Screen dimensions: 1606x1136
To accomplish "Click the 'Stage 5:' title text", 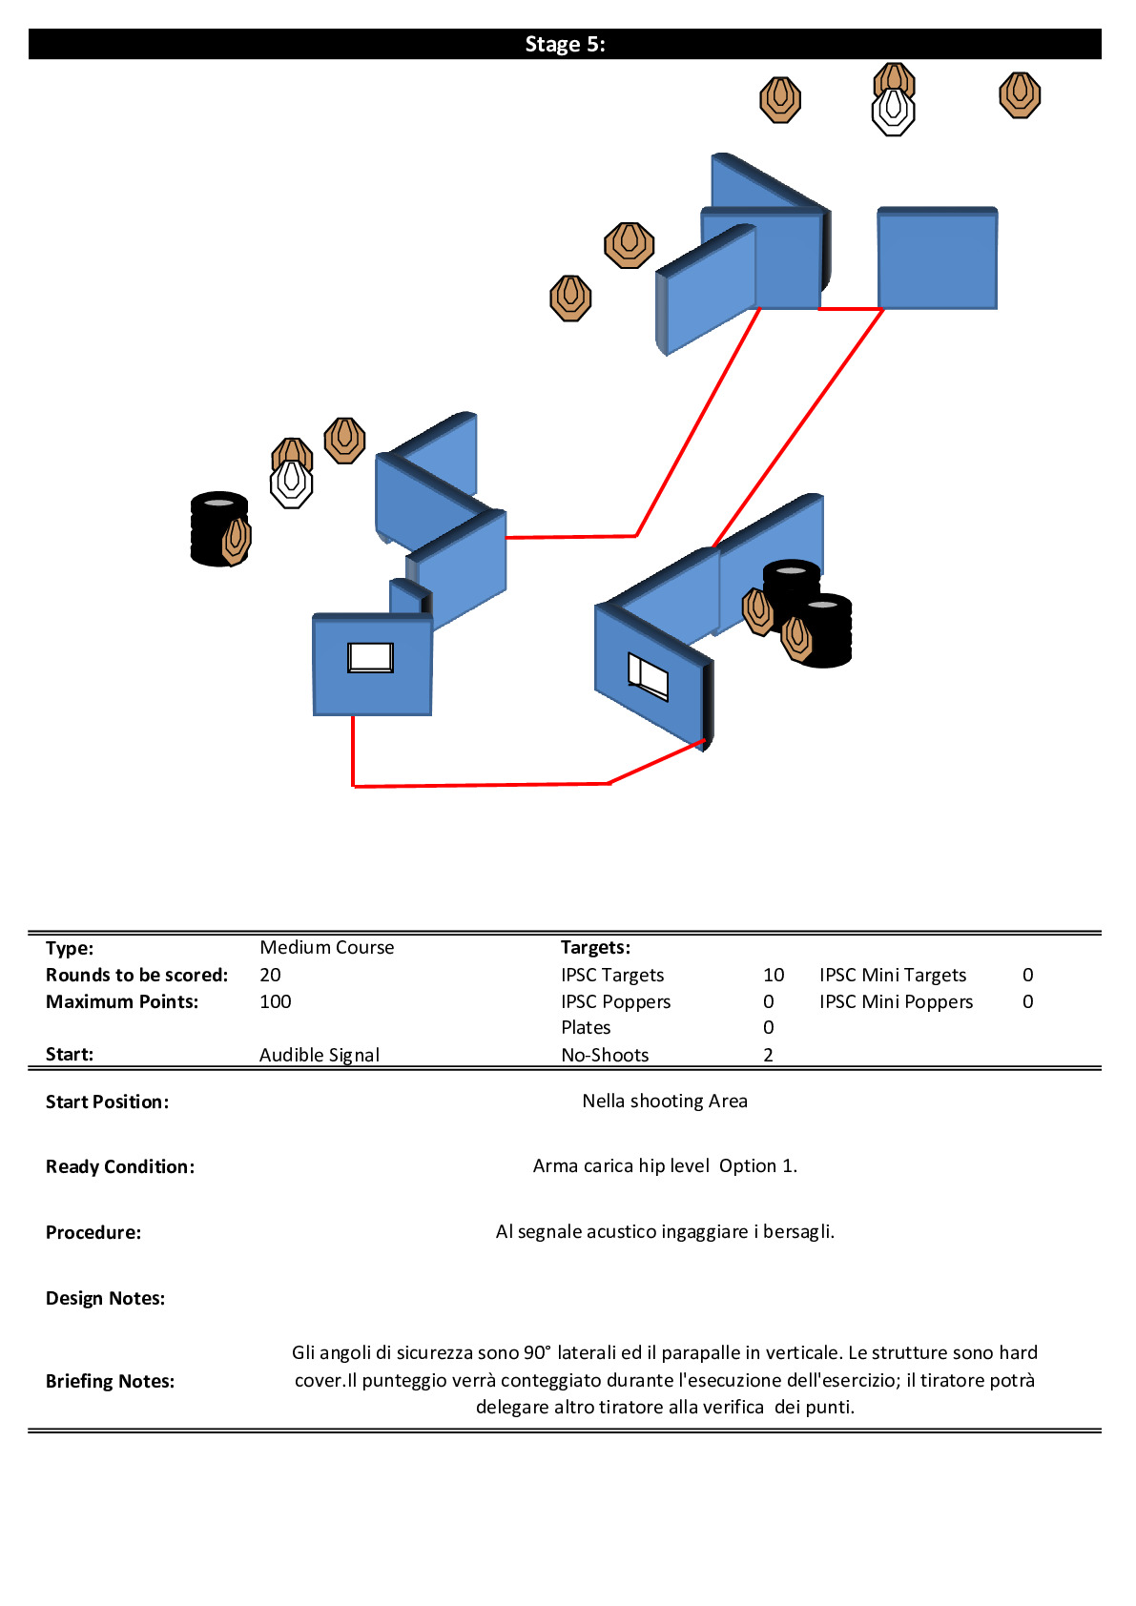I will click(565, 45).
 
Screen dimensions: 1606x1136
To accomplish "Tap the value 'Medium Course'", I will click(326, 947).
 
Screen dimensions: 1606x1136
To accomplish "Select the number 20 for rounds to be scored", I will click(270, 975).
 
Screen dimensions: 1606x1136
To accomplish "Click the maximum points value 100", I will click(275, 1001).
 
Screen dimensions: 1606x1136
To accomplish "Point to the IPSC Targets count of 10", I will click(773, 975).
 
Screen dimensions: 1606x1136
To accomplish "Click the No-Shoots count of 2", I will click(768, 1055).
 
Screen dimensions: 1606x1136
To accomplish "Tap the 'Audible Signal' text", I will click(319, 1055).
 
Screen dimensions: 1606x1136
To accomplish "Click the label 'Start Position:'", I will click(107, 1102).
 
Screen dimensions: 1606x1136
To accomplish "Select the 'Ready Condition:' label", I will click(119, 1166).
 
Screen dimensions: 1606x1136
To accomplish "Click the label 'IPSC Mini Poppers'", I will click(896, 1001).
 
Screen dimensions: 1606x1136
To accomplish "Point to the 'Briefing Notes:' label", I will click(110, 1381).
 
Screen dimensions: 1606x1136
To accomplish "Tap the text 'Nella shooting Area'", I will click(664, 1101).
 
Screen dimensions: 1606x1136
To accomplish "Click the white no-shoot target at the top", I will click(893, 113).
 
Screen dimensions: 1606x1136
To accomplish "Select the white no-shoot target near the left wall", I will click(291, 484).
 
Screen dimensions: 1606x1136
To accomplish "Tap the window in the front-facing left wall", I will click(370, 657).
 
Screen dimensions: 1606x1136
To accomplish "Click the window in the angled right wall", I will click(648, 675).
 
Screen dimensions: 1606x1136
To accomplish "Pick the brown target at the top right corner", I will click(1019, 95).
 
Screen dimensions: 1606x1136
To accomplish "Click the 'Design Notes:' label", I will click(105, 1298).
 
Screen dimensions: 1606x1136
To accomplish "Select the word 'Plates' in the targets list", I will click(586, 1027).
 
